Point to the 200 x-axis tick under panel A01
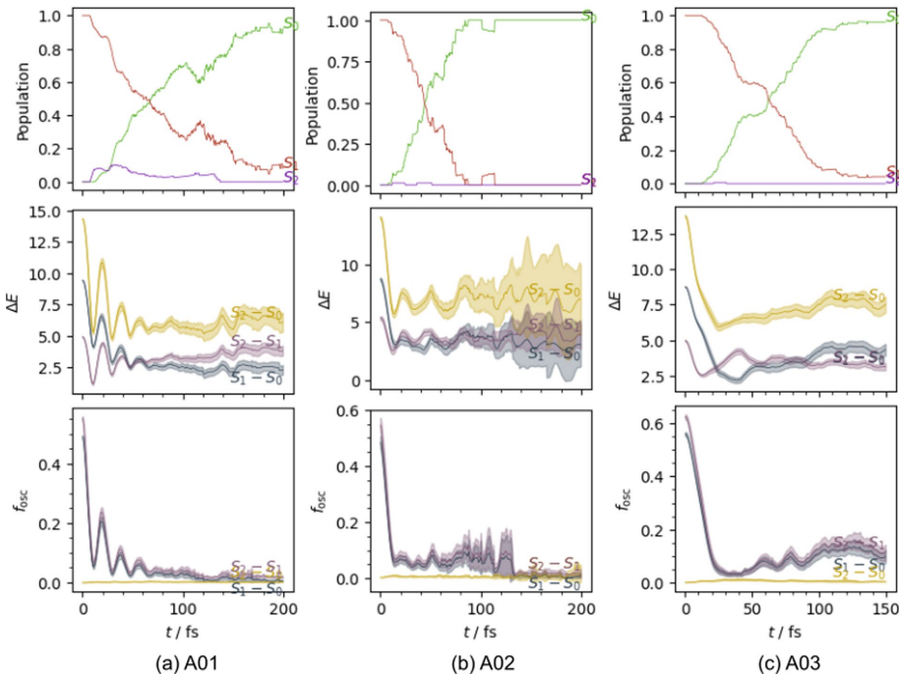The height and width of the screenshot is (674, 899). coord(283,604)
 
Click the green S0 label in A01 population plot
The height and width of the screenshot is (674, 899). coord(290,26)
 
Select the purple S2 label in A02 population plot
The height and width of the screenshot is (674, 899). coord(588,180)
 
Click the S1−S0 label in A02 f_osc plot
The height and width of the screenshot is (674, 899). coord(550,584)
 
